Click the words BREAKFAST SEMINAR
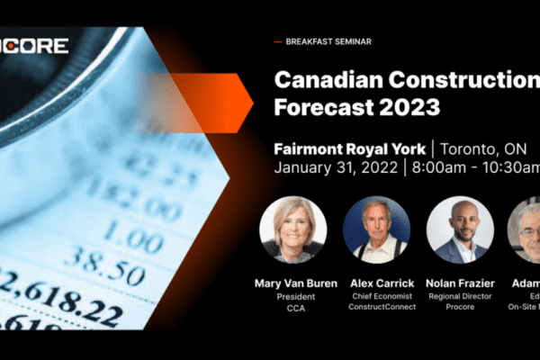click(328, 41)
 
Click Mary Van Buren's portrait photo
click(292, 229)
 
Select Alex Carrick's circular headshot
click(376, 229)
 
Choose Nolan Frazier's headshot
click(459, 229)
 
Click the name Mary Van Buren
click(293, 283)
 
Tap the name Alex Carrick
click(376, 283)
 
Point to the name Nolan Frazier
click(459, 283)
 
